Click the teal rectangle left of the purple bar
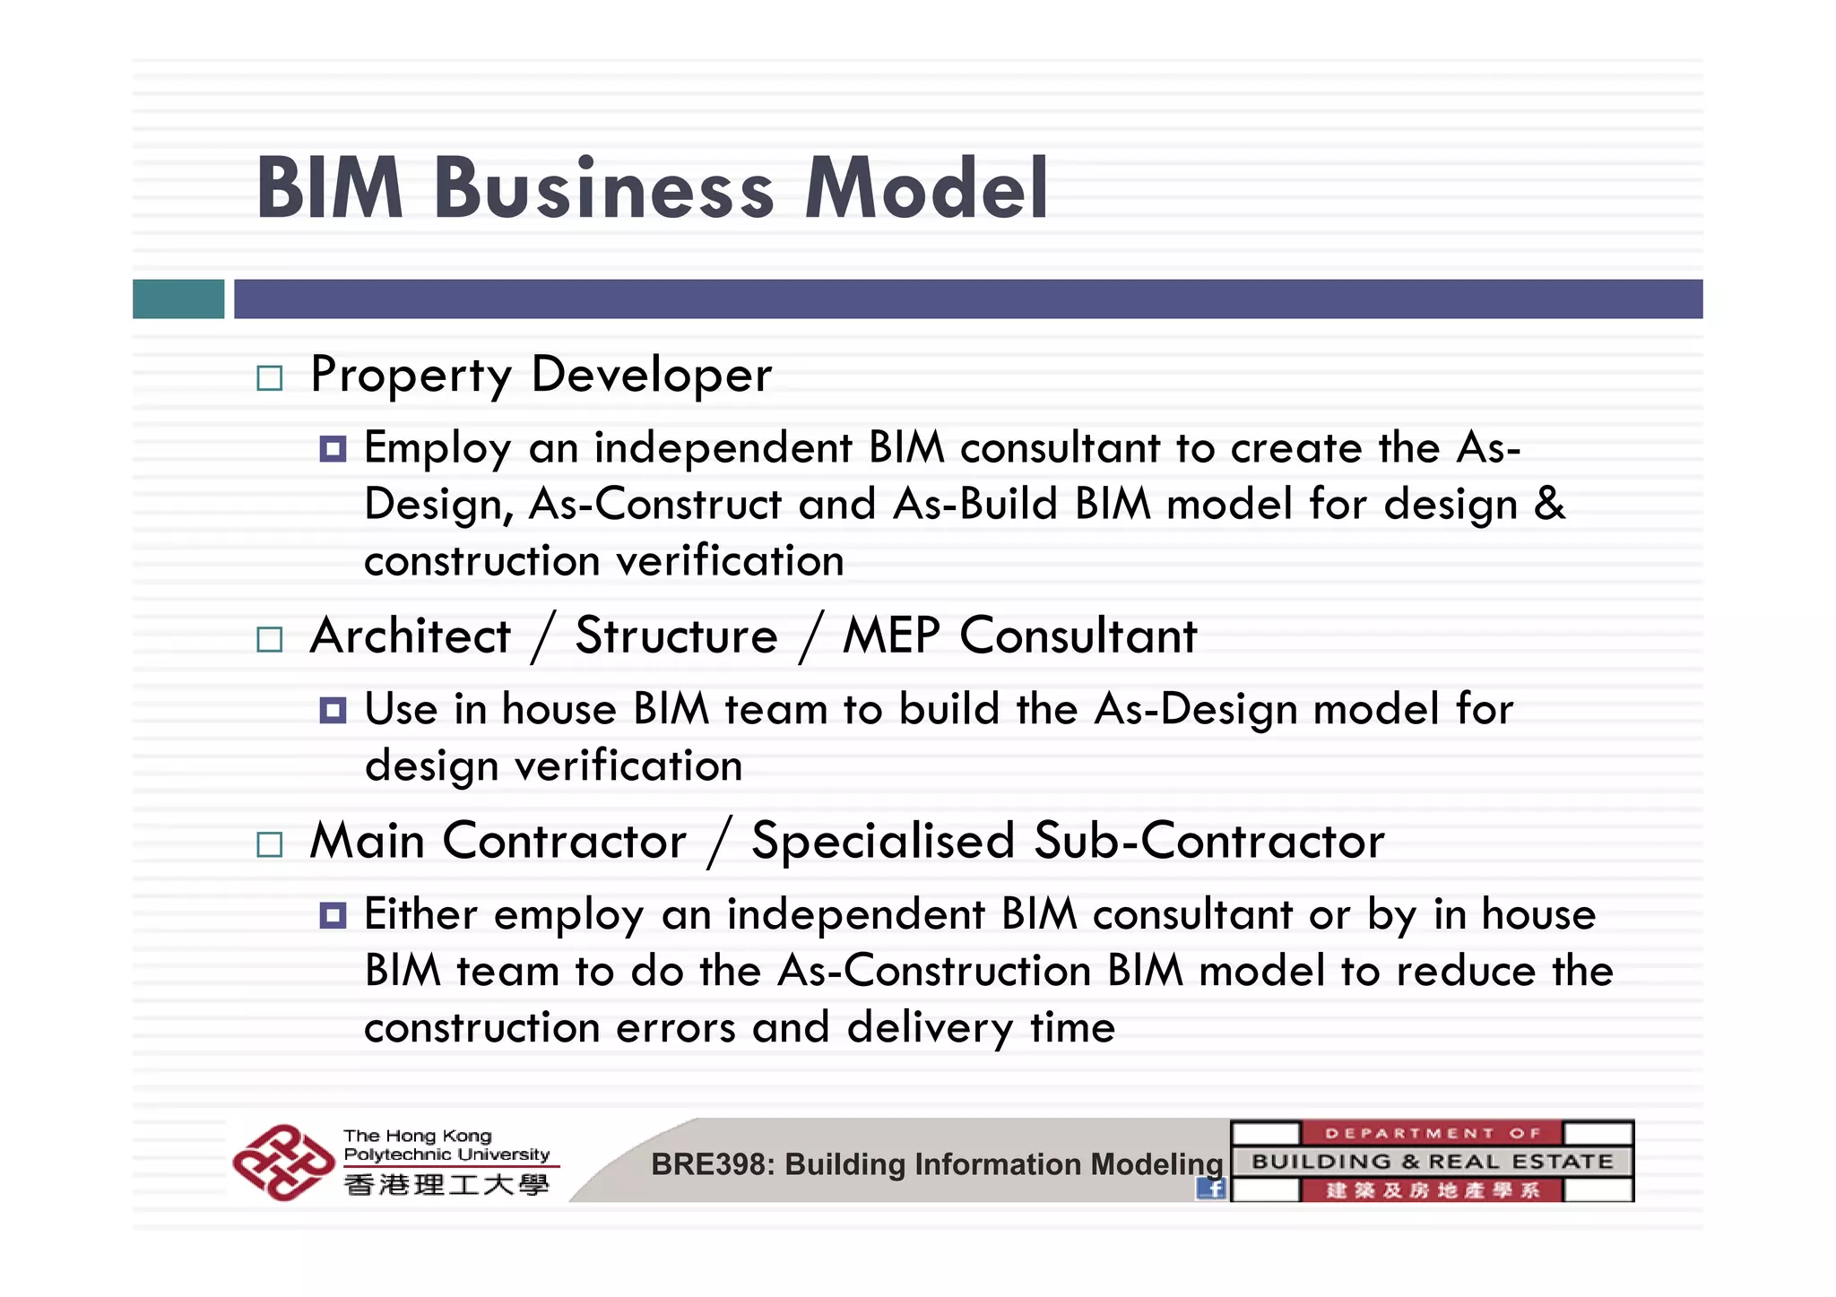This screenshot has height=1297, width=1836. (x=178, y=298)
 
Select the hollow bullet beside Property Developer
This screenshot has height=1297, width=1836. (x=269, y=377)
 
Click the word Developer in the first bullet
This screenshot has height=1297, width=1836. (x=651, y=375)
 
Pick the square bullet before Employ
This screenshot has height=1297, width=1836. (x=333, y=448)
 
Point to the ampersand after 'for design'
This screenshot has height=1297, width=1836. (x=1549, y=504)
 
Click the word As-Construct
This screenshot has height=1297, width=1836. (x=655, y=504)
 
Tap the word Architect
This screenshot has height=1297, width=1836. (x=410, y=636)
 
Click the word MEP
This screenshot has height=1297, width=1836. (x=891, y=636)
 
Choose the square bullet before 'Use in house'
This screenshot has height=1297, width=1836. (x=333, y=711)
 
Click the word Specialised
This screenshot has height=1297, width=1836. (x=883, y=842)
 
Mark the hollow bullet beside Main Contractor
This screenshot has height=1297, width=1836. (x=269, y=844)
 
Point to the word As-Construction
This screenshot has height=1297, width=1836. (x=934, y=971)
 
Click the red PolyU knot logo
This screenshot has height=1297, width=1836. (x=282, y=1163)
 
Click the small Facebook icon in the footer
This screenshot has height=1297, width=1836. (x=1211, y=1189)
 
